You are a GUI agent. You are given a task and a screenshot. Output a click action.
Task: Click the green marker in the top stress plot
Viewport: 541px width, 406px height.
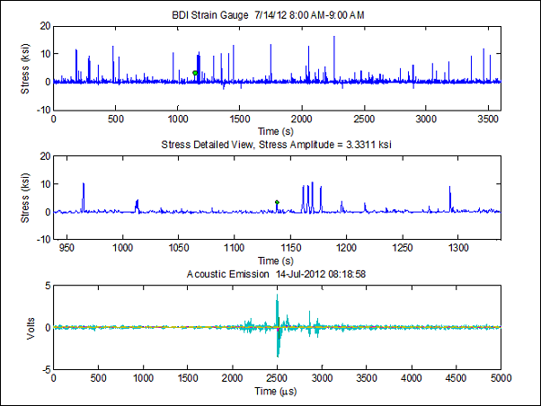coord(195,73)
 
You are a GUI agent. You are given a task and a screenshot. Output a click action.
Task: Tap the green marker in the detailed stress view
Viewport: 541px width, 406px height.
coord(277,202)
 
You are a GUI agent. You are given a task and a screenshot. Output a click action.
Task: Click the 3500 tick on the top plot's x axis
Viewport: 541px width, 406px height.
coord(488,118)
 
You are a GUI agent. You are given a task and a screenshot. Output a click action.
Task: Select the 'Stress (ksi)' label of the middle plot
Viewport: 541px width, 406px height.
coord(25,198)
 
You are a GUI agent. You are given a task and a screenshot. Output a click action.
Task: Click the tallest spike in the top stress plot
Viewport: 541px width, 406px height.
coord(334,38)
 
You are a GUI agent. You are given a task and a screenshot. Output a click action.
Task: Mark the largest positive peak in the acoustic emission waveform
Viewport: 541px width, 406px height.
coord(277,296)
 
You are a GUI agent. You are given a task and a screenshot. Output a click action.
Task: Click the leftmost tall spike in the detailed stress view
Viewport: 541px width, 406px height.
coord(84,184)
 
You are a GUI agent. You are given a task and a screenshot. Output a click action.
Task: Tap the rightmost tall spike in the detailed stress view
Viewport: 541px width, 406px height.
coord(449,187)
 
